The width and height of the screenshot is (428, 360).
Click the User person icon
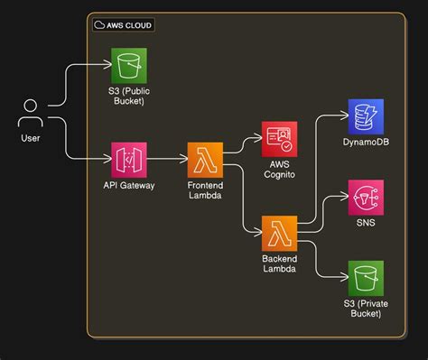pyautogui.click(x=30, y=114)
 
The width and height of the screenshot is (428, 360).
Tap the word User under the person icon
pyautogui.click(x=30, y=138)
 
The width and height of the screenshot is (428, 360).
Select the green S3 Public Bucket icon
pyautogui.click(x=128, y=66)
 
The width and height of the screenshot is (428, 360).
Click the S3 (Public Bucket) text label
pyautogui.click(x=128, y=96)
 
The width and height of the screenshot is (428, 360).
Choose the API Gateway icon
pyautogui.click(x=128, y=160)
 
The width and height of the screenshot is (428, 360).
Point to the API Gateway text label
pyautogui.click(x=128, y=185)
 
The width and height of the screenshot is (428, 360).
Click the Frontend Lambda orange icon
pyautogui.click(x=205, y=160)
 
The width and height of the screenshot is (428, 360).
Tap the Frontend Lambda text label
pyautogui.click(x=205, y=190)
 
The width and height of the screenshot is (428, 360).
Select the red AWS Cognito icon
pyautogui.click(x=278, y=138)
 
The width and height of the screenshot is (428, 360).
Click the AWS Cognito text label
pyautogui.click(x=278, y=169)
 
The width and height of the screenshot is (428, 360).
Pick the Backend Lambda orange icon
pyautogui.click(x=278, y=233)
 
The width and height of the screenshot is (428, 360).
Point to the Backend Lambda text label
pyautogui.click(x=278, y=263)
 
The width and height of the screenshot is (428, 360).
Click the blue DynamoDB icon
pyautogui.click(x=366, y=116)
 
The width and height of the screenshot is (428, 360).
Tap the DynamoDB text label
pyautogui.click(x=366, y=143)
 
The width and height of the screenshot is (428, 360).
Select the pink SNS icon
pyautogui.click(x=366, y=197)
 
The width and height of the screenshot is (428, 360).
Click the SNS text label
pyautogui.click(x=366, y=222)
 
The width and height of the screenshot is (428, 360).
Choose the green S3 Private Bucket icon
pyautogui.click(x=366, y=278)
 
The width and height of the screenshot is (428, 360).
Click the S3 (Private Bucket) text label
pyautogui.click(x=366, y=308)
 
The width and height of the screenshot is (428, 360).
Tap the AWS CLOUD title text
pyautogui.click(x=130, y=24)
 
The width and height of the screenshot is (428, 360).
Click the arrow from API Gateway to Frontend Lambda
pyautogui.click(x=166, y=160)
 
